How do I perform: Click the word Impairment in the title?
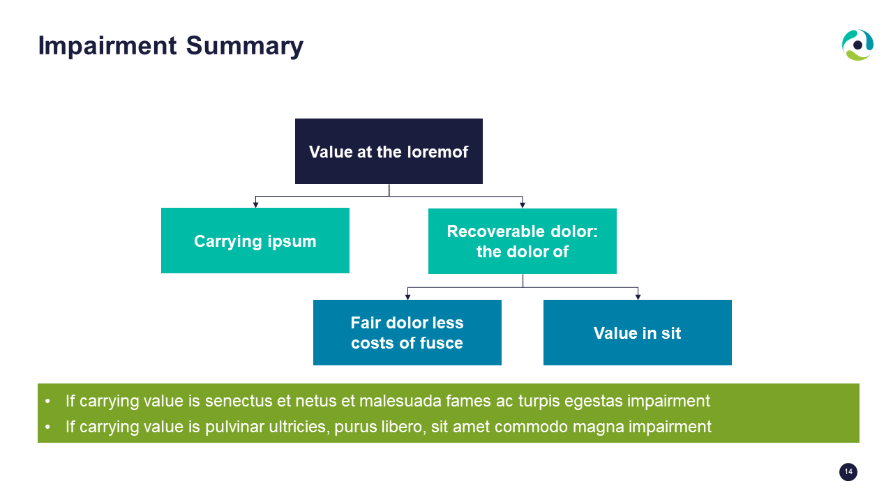[x=107, y=46]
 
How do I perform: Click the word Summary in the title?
[x=244, y=47]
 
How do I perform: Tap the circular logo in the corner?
[x=857, y=45]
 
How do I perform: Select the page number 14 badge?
[x=848, y=472]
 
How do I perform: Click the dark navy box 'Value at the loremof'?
[x=389, y=151]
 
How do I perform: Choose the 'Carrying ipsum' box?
[x=255, y=241]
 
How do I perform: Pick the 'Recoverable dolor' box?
[x=523, y=241]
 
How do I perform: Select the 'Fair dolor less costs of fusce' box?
[x=407, y=333]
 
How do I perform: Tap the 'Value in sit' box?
[x=638, y=333]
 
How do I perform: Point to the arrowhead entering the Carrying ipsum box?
[x=255, y=205]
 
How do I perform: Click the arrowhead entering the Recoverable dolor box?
[x=523, y=205]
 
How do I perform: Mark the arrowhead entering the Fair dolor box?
[x=407, y=297]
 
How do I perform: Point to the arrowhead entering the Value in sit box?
[x=638, y=297]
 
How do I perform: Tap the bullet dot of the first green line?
[x=48, y=401]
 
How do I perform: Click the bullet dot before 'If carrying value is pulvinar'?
[x=48, y=427]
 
